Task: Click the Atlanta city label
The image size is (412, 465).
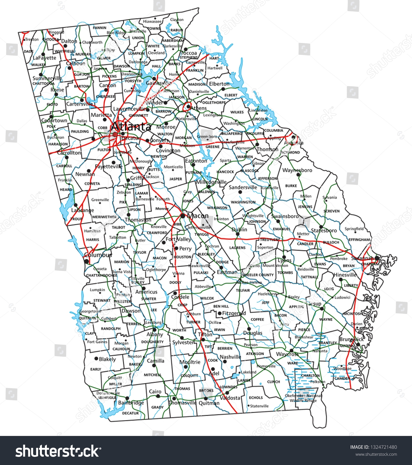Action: click(x=131, y=127)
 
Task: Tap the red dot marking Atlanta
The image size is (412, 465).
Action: click(x=115, y=134)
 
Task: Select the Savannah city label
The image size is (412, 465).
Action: click(x=362, y=258)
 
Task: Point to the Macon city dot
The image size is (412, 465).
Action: click(x=182, y=216)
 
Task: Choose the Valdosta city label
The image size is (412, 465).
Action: click(x=230, y=398)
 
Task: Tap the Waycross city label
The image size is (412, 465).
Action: click(x=287, y=354)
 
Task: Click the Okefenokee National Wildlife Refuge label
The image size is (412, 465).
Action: click(x=303, y=398)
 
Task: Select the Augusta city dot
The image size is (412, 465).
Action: click(x=293, y=137)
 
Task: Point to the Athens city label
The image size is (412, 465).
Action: click(x=199, y=108)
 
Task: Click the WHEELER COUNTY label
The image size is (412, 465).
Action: click(x=257, y=275)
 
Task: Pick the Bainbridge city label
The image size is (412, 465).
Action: click(x=131, y=403)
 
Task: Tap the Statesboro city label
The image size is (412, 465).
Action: click(x=324, y=230)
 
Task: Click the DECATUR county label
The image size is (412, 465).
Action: click(x=130, y=413)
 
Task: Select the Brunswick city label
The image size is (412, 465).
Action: click(x=351, y=339)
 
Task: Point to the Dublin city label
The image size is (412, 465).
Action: click(x=239, y=229)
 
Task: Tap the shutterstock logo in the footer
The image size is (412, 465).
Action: click(x=58, y=451)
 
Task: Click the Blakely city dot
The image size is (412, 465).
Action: click(x=96, y=359)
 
